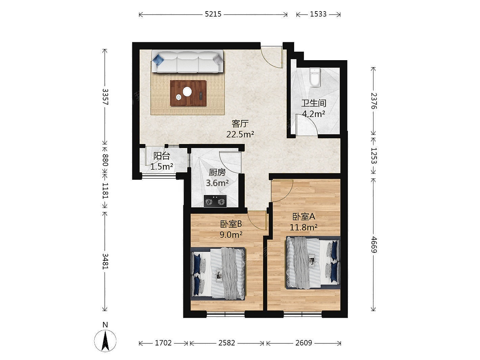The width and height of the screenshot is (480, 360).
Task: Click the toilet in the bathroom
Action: (315, 77)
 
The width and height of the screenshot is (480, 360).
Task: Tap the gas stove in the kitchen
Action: (215, 201)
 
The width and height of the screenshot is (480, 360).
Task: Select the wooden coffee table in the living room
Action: (188, 93)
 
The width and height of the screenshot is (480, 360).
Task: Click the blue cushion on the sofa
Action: (158, 59)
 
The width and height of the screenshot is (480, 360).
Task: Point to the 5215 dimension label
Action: (213, 14)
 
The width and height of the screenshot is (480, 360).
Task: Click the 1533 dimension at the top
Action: (318, 14)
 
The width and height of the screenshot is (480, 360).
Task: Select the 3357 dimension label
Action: (105, 97)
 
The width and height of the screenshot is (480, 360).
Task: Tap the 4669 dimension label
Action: (374, 245)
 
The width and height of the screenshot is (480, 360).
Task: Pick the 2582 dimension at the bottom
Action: (227, 343)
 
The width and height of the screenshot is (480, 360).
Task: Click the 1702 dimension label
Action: (163, 343)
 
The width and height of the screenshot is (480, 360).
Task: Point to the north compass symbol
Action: (105, 340)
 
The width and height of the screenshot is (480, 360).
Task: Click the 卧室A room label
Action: (304, 216)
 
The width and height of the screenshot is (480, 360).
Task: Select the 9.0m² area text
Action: (231, 235)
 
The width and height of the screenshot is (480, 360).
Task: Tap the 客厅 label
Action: (240, 124)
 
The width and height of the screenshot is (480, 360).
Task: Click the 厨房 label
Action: (217, 172)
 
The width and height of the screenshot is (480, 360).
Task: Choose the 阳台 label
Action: (162, 156)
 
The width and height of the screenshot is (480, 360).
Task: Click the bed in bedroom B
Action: (218, 273)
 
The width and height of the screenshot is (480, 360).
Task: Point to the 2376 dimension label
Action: (374, 101)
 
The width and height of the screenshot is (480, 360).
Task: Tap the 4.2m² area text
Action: (313, 114)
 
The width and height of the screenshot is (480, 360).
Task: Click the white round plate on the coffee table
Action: (187, 92)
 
